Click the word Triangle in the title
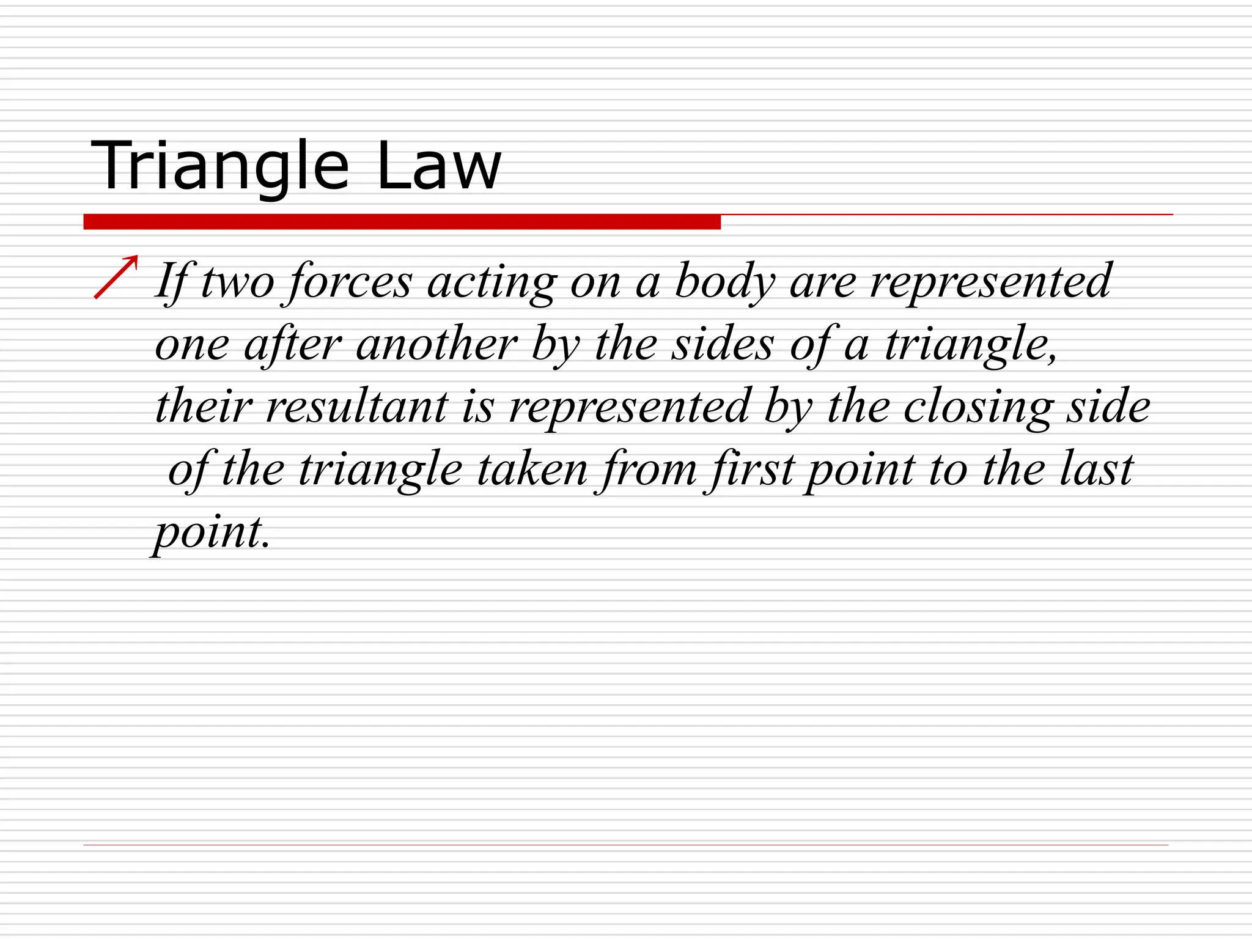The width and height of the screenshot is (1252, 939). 220,166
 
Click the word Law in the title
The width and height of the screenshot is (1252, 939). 438,166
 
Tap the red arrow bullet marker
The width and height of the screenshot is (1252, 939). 116,277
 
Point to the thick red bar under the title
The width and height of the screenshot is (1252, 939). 402,222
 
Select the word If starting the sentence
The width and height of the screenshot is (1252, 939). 171,281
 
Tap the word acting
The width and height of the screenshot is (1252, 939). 492,281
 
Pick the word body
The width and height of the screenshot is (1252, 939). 725,281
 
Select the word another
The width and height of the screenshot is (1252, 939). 436,344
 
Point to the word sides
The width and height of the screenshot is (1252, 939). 723,344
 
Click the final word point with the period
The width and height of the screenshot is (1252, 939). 212,533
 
